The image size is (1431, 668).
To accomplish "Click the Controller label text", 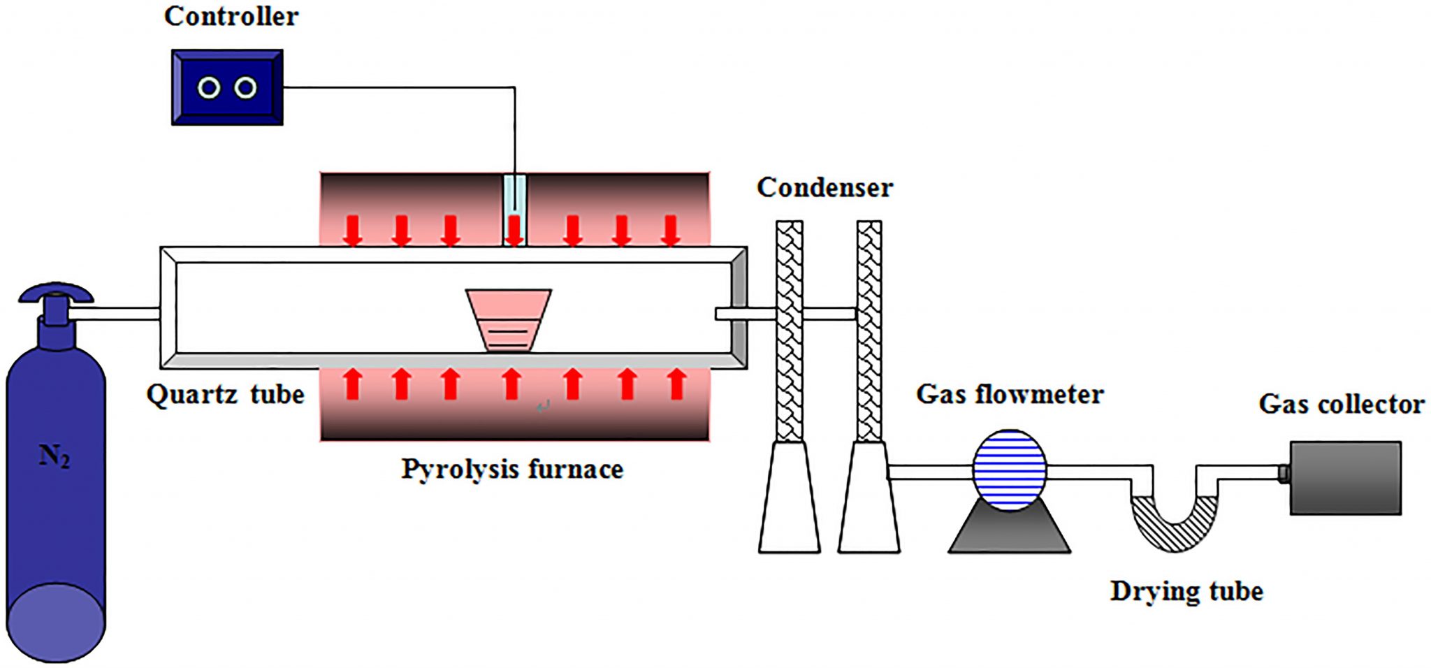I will pyautogui.click(x=231, y=17).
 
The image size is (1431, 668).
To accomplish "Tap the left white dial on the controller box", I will pyautogui.click(x=209, y=88).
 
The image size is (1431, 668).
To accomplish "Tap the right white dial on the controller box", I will pyautogui.click(x=245, y=88).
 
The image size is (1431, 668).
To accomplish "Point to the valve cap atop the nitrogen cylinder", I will pyautogui.click(x=55, y=293).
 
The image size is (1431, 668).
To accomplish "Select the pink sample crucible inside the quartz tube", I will pyautogui.click(x=509, y=319).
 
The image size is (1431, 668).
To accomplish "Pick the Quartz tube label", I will pyautogui.click(x=225, y=395).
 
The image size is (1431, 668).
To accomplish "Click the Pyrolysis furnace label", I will pyautogui.click(x=511, y=469).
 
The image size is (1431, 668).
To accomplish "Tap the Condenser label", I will pyautogui.click(x=825, y=187).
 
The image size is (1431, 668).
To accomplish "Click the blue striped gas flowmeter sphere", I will pyautogui.click(x=1010, y=470).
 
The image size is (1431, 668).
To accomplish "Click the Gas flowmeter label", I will pyautogui.click(x=1010, y=394).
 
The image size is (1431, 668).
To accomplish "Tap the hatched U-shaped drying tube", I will pyautogui.click(x=1174, y=528).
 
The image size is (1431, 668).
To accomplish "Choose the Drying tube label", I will pyautogui.click(x=1186, y=591).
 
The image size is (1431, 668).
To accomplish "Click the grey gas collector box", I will pyautogui.click(x=1345, y=478).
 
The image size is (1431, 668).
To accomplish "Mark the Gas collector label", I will pyautogui.click(x=1342, y=404).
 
